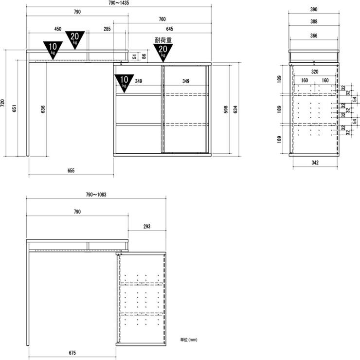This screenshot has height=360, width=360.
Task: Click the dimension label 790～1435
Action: click(119, 3)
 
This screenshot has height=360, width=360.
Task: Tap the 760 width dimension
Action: click(162, 19)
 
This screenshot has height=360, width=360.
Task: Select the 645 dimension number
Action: click(169, 29)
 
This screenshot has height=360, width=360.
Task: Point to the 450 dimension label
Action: click(58, 29)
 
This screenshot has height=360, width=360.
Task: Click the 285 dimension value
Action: click(107, 29)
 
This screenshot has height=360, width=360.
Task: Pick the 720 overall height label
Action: click(2, 103)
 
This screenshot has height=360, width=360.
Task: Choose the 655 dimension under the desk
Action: click(71, 170)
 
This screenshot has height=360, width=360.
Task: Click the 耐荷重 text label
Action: click(163, 40)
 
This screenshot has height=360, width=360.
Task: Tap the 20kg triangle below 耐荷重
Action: click(163, 51)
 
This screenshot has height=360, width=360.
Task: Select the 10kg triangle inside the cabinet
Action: click(124, 82)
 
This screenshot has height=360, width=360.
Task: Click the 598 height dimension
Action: click(226, 109)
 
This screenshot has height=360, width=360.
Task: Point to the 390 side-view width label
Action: click(314, 9)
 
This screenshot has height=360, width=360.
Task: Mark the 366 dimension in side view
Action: click(314, 36)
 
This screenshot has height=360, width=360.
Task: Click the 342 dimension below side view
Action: click(315, 162)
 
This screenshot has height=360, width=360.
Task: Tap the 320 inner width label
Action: click(315, 72)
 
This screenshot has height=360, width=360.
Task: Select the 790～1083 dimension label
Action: click(96, 195)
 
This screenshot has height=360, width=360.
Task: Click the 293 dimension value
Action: click(147, 226)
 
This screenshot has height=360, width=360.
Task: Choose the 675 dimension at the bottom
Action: click(72, 353)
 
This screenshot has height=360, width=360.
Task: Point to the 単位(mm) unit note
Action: click(189, 340)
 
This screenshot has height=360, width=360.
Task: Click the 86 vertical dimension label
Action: click(144, 56)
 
